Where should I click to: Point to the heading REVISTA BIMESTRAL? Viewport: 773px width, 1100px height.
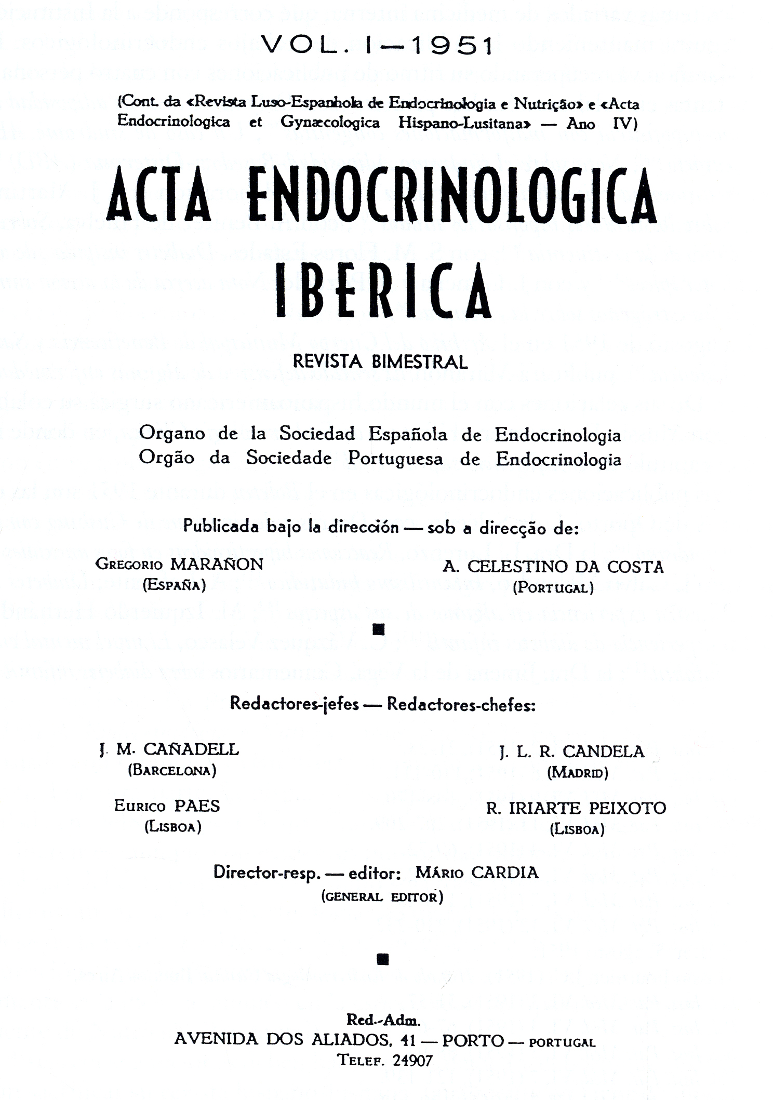pyautogui.click(x=380, y=361)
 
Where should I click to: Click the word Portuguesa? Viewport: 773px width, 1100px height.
pyautogui.click(x=395, y=459)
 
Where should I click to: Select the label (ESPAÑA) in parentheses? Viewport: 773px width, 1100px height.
pyautogui.click(x=175, y=585)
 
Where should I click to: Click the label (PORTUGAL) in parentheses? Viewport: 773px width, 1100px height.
pyautogui.click(x=553, y=588)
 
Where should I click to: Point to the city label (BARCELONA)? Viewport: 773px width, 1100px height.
pyautogui.click(x=172, y=770)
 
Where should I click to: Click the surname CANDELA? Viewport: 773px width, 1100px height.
pyautogui.click(x=603, y=752)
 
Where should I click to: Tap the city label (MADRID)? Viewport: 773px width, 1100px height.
pyautogui.click(x=577, y=773)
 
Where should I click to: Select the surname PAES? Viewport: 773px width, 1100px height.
pyautogui.click(x=197, y=806)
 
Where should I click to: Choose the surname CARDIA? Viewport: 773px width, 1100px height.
pyautogui.click(x=505, y=873)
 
